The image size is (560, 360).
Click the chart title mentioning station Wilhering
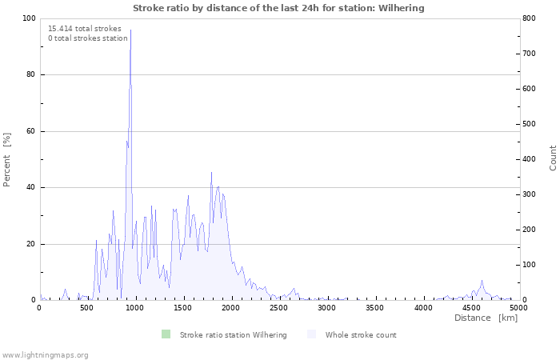tap(278, 8)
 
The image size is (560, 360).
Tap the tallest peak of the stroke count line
tap(130, 30)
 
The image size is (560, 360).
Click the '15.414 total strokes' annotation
tap(85, 29)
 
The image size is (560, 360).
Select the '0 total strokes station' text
tap(88, 38)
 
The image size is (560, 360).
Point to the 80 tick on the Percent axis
tap(30, 74)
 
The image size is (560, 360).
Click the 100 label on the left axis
tap(29, 18)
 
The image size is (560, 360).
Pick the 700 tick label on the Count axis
tap(530, 54)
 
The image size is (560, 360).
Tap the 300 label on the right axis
tap(530, 194)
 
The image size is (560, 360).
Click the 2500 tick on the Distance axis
tap(278, 307)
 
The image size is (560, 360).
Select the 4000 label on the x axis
tap(423, 307)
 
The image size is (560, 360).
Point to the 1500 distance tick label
tap(182, 307)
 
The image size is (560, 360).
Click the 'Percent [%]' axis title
tap(6, 160)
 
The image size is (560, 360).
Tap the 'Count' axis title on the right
tap(553, 158)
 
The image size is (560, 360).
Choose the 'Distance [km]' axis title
tap(486, 318)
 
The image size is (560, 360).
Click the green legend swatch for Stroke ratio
tap(166, 334)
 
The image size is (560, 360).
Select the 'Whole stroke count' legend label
tap(361, 335)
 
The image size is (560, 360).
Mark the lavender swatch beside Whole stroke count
tap(311, 334)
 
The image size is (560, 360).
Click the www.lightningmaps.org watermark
tap(44, 355)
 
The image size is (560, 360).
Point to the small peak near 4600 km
tap(482, 281)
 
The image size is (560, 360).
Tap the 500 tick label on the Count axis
tap(530, 124)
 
